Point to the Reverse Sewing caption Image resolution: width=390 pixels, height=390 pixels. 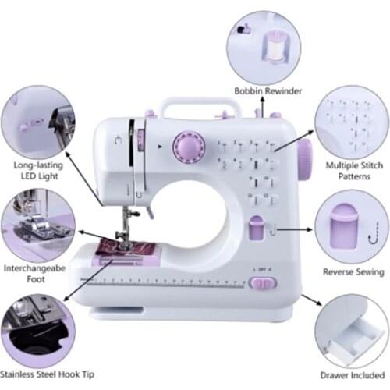353,272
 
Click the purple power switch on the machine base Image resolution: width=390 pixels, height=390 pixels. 260,282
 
